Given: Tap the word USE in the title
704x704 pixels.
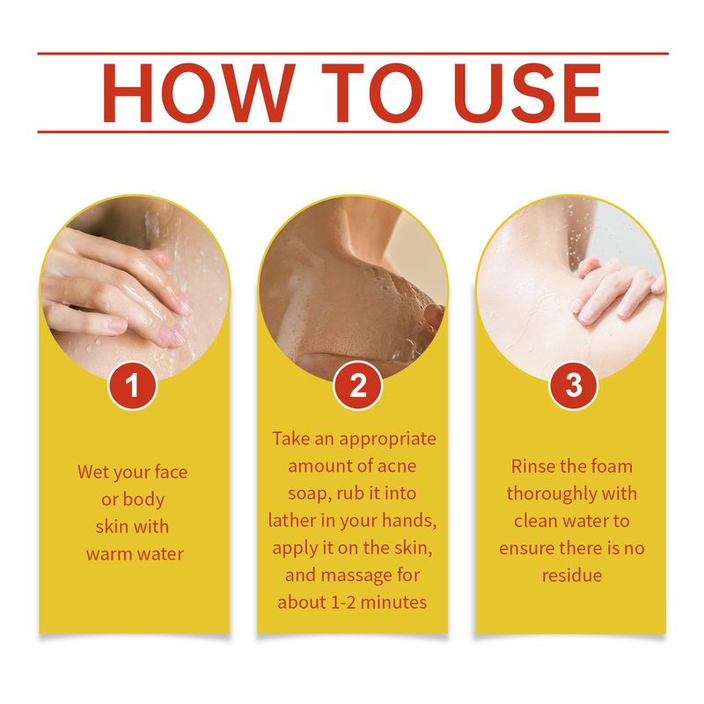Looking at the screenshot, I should pos(517,92).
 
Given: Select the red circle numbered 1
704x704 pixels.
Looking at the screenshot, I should pos(132,387).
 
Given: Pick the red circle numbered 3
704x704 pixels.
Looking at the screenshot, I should pos(573,387).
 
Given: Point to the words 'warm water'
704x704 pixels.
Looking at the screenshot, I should pos(133,554).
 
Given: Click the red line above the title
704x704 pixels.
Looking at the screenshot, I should pos(352,54).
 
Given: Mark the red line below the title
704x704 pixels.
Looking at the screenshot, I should pos(352,132).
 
